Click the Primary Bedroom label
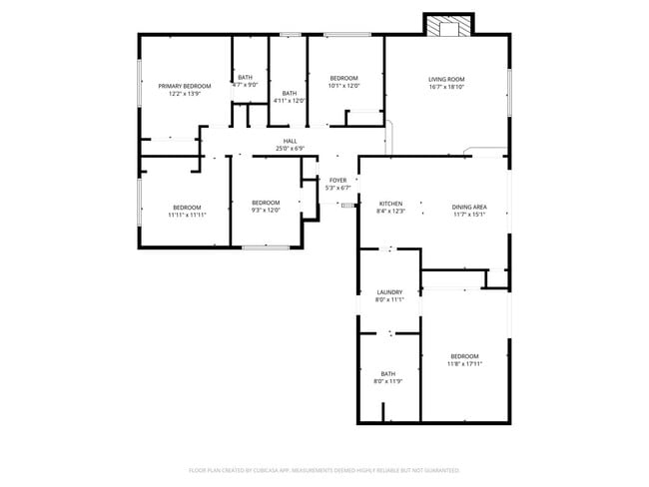coord(185,86)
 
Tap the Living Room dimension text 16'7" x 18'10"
coord(446,87)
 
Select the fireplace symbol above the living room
coord(442,26)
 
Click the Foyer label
coord(338,180)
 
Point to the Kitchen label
coord(390,203)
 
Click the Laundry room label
coord(389,291)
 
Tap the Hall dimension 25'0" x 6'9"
coord(290,149)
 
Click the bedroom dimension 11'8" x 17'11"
coord(464,364)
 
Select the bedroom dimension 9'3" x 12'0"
coord(266,210)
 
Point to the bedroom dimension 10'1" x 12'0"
coord(343,85)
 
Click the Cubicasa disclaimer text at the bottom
coord(324,468)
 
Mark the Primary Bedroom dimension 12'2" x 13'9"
coord(185,94)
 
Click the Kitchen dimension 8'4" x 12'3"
coord(390,211)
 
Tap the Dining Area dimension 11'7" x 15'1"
coord(468,214)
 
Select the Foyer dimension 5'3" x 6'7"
coord(338,188)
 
